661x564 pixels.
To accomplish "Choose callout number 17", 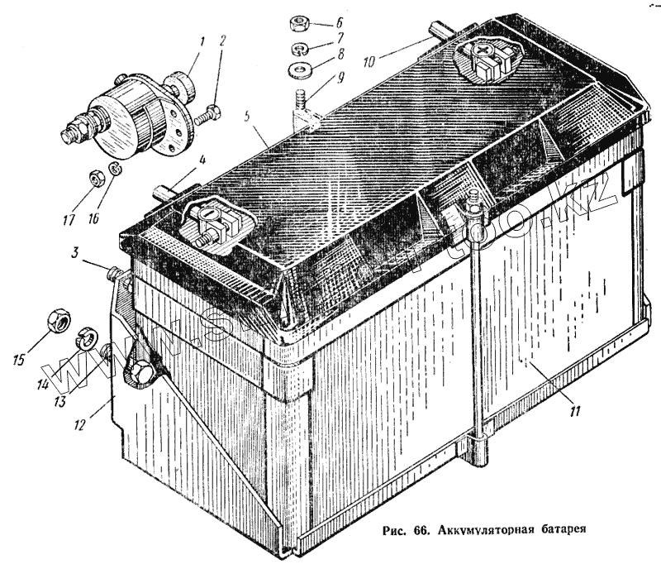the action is pos(69,221).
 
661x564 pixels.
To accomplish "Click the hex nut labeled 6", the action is pos(299,22).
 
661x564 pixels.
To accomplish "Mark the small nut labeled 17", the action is pos(94,175).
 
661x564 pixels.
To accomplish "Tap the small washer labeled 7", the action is pos(299,49).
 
